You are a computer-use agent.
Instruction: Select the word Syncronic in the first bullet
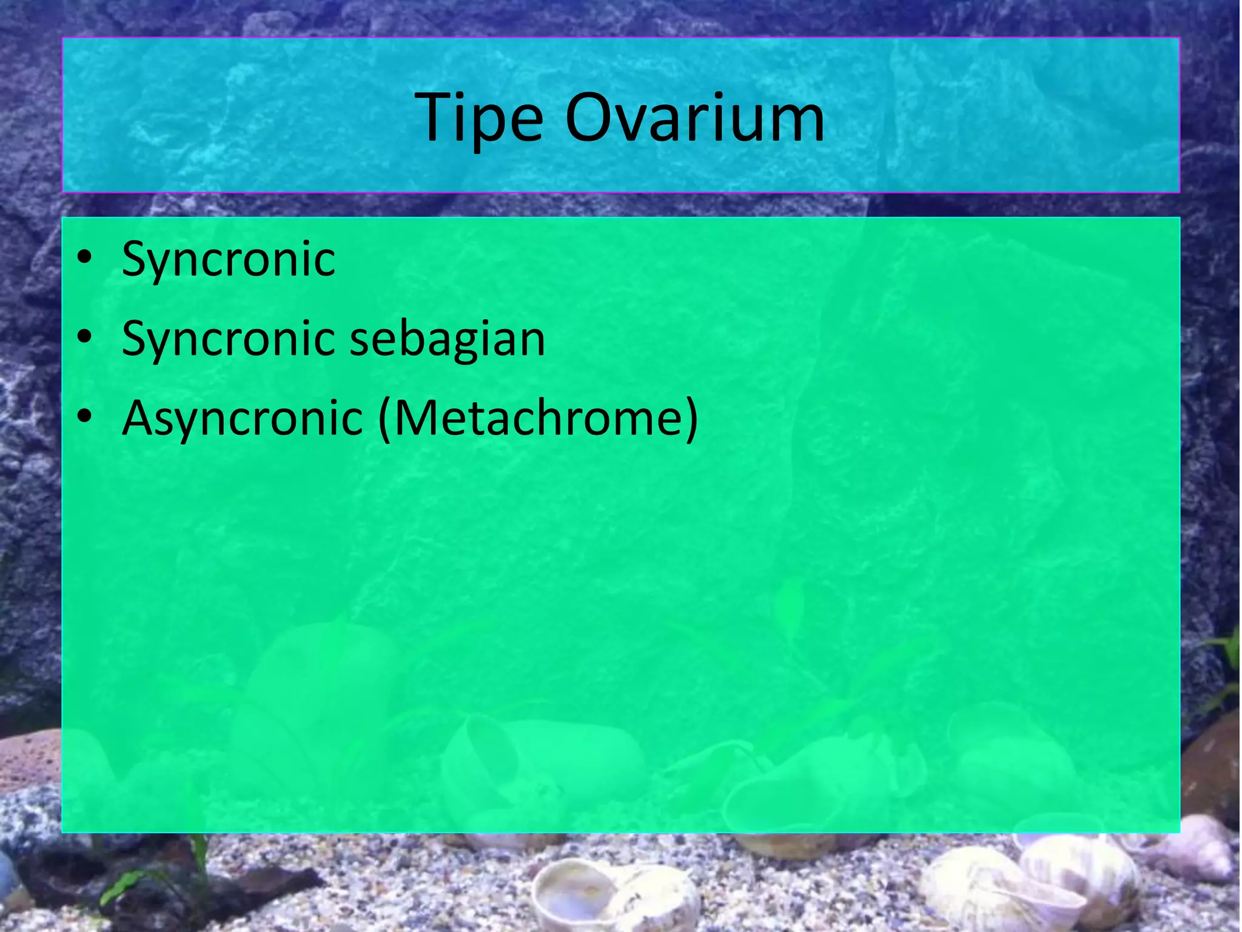[x=228, y=260]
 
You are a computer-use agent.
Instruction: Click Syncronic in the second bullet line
[x=228, y=339]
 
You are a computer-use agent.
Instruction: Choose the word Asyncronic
[x=242, y=419]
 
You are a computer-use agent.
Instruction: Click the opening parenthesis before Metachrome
[x=384, y=419]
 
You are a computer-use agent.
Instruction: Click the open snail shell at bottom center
[x=576, y=892]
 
